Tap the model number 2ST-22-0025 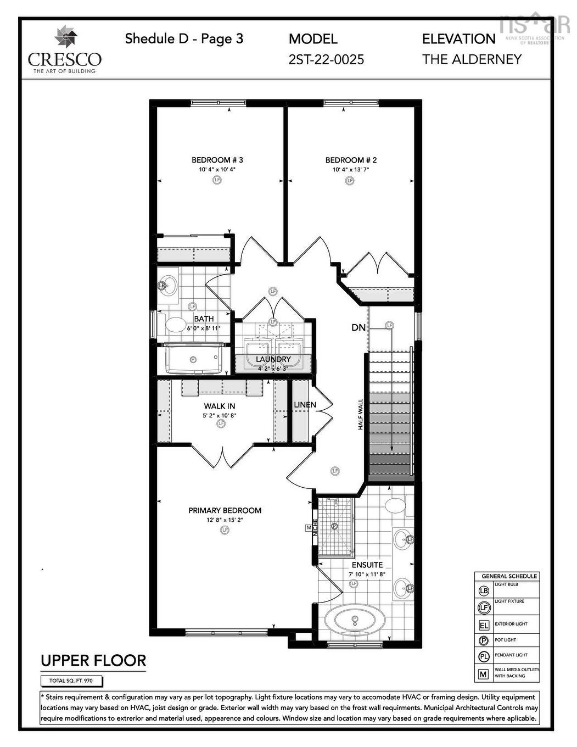326,59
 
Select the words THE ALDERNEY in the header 471,59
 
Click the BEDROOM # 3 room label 217,160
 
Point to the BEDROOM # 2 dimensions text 350,170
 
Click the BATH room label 204,319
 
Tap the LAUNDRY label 273,359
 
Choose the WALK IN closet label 220,406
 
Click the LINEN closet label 305,405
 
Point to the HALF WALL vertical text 361,414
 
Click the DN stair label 358,328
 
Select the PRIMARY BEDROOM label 225,510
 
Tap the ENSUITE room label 367,565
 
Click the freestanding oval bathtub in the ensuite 354,621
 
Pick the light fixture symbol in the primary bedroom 224,530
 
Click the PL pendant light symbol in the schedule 484,656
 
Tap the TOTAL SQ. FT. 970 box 71,681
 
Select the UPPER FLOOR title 93,661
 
